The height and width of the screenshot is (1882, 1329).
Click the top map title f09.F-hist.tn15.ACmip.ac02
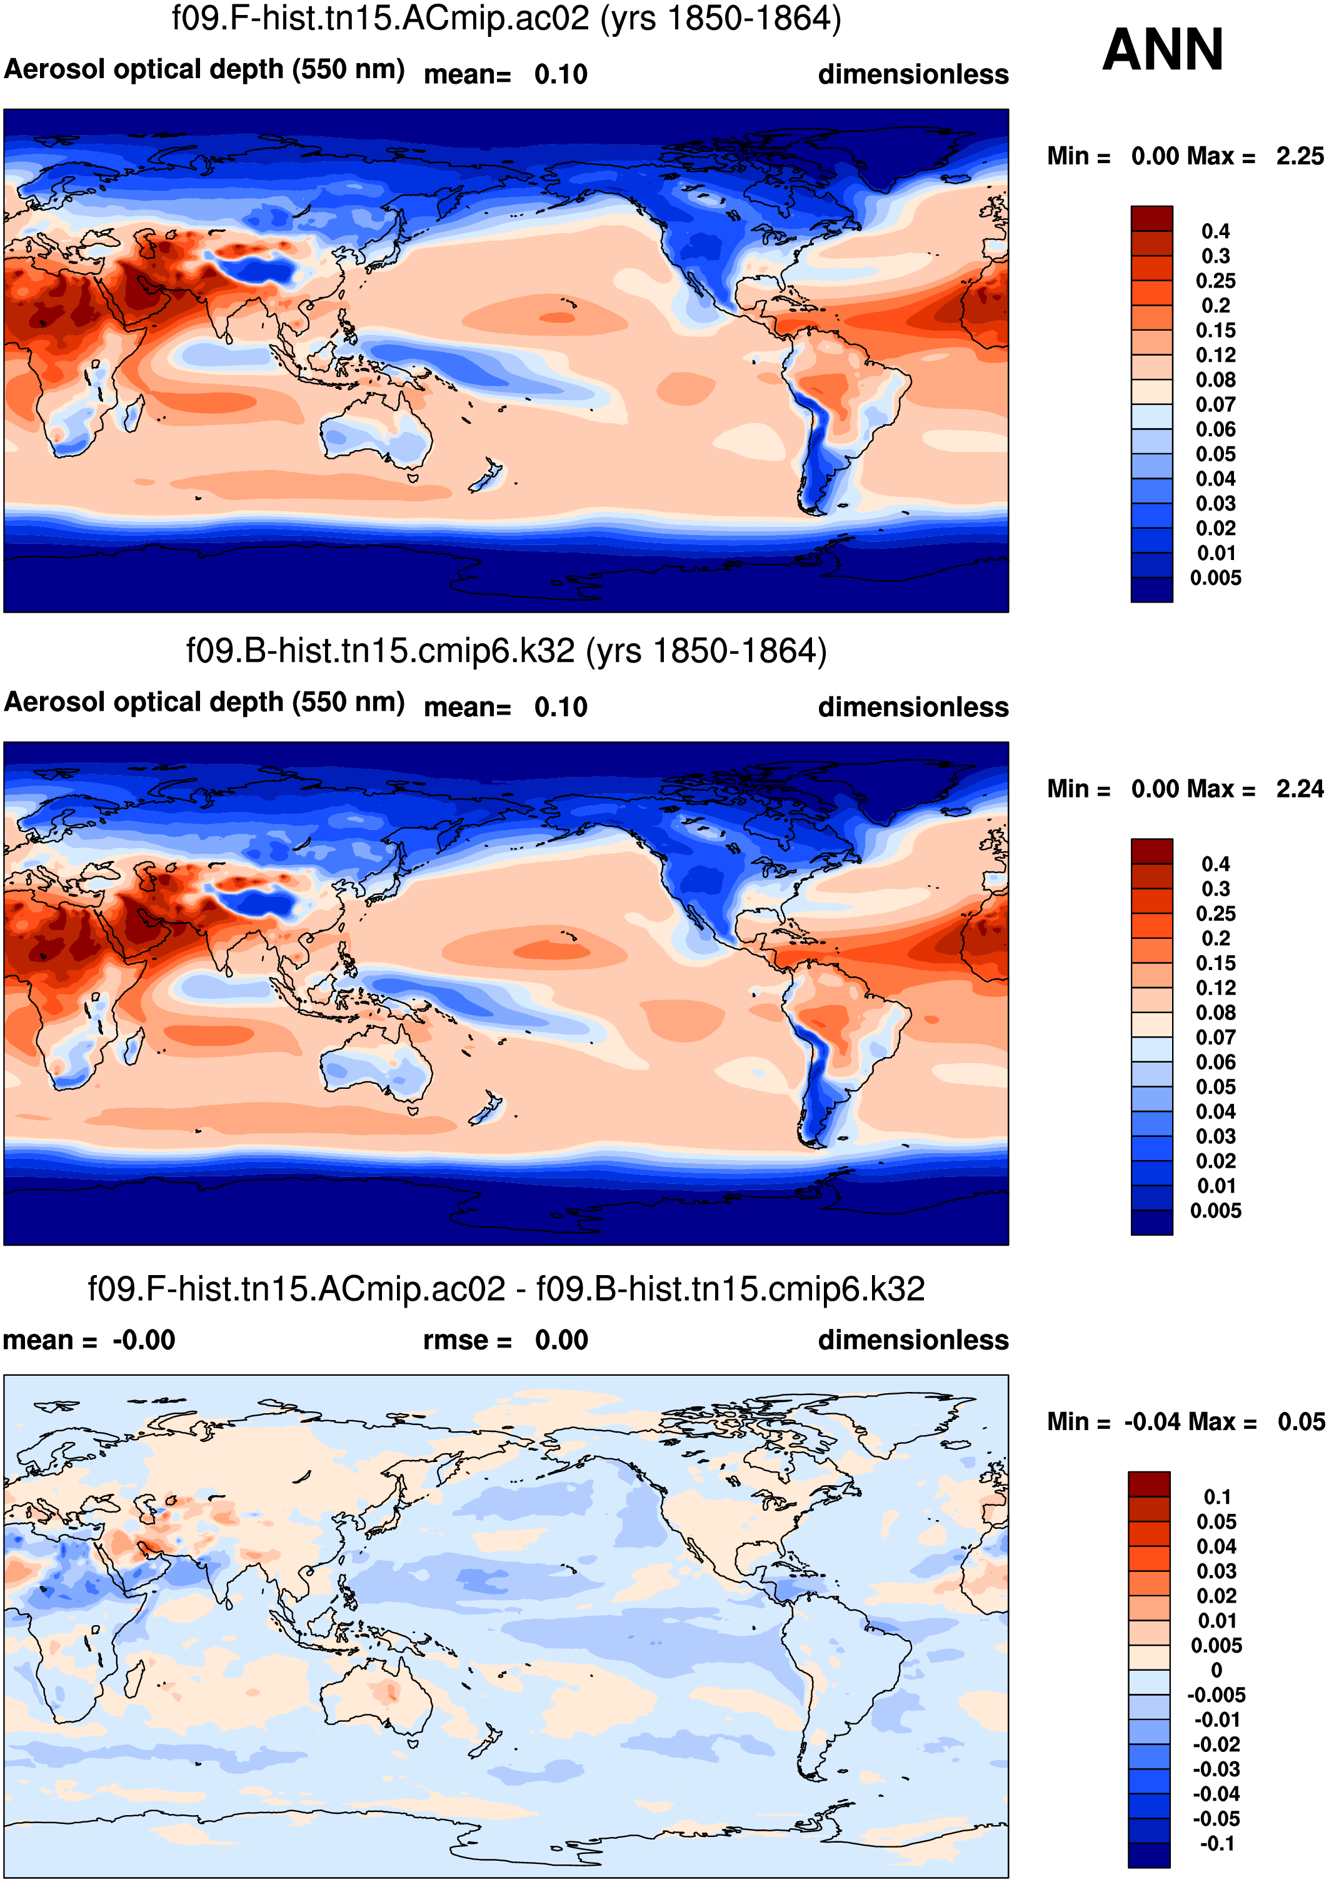tap(506, 18)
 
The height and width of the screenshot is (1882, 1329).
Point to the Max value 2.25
tap(1300, 156)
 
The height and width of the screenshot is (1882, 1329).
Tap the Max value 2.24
tap(1300, 789)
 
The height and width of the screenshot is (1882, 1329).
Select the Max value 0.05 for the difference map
tap(1300, 1421)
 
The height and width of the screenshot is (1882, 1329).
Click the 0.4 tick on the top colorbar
tap(1215, 231)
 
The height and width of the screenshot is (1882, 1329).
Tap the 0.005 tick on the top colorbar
tap(1215, 578)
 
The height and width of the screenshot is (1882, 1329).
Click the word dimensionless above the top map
tap(913, 74)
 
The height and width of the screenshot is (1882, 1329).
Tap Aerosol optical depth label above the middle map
tap(204, 703)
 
